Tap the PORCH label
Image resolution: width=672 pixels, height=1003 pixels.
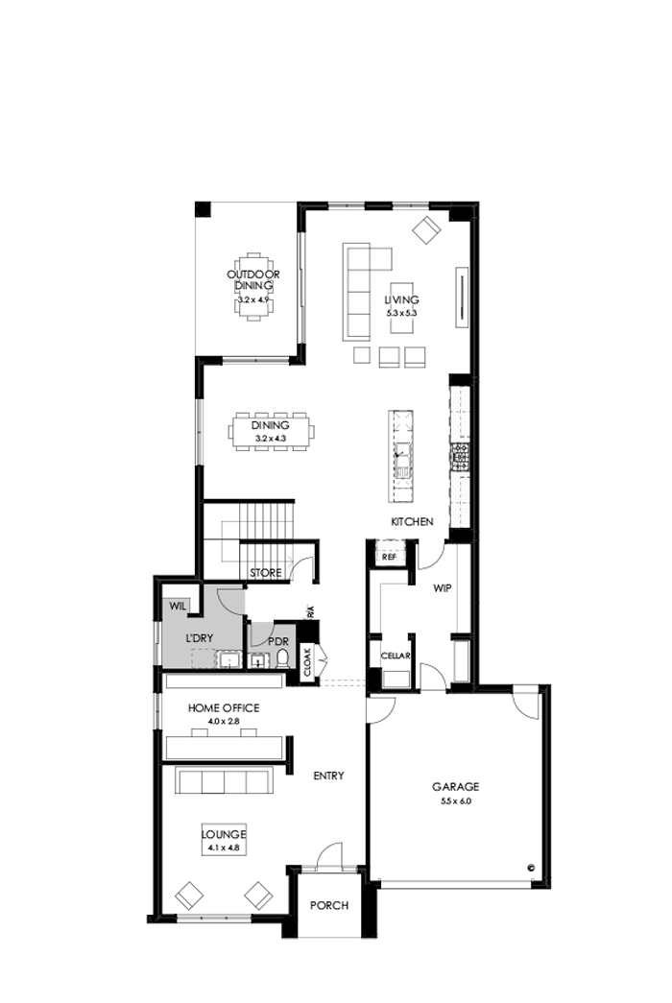click(329, 905)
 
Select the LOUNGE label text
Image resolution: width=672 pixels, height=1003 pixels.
click(224, 835)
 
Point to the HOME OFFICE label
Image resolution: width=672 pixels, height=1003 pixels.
click(224, 707)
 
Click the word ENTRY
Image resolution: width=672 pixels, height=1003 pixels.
click(328, 776)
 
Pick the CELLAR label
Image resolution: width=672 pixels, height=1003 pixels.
click(396, 656)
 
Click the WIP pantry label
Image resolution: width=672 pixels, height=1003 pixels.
click(442, 585)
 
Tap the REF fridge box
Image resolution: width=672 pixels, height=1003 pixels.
click(390, 557)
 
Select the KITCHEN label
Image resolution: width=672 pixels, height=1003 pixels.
click(412, 522)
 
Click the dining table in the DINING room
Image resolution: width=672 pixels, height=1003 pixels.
click(272, 431)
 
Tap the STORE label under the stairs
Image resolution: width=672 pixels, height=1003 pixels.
click(266, 573)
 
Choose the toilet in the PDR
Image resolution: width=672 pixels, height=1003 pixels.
click(283, 659)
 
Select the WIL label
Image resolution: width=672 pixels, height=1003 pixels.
click(178, 606)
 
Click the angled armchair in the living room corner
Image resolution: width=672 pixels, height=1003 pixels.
click(426, 228)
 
